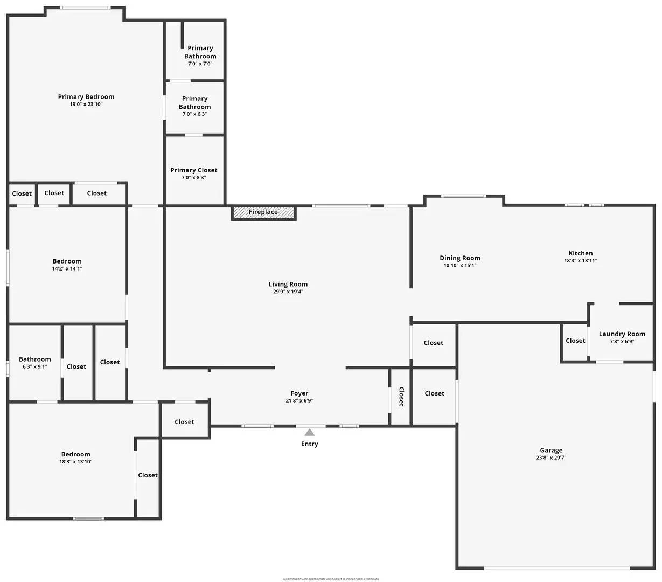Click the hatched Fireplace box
coord(263,212)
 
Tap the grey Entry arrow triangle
coord(309,432)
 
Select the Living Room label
coord(288,285)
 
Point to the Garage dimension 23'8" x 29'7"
coord(551,458)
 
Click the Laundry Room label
coord(622,334)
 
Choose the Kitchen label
coord(580,253)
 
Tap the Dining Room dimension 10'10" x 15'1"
coord(459,265)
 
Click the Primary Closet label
coord(194,170)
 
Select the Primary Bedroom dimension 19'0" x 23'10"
coord(86,105)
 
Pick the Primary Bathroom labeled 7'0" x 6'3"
coord(194,106)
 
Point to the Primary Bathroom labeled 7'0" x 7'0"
coord(200,56)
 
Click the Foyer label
coord(299,393)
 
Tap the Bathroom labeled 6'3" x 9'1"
coord(35,363)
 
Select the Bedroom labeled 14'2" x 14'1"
coord(67,265)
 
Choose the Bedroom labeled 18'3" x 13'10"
coord(75,458)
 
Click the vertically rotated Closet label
coord(401,397)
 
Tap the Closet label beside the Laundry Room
coord(575,341)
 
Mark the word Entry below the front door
coord(309,444)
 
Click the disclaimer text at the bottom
coord(331,579)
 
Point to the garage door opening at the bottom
coord(556,568)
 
